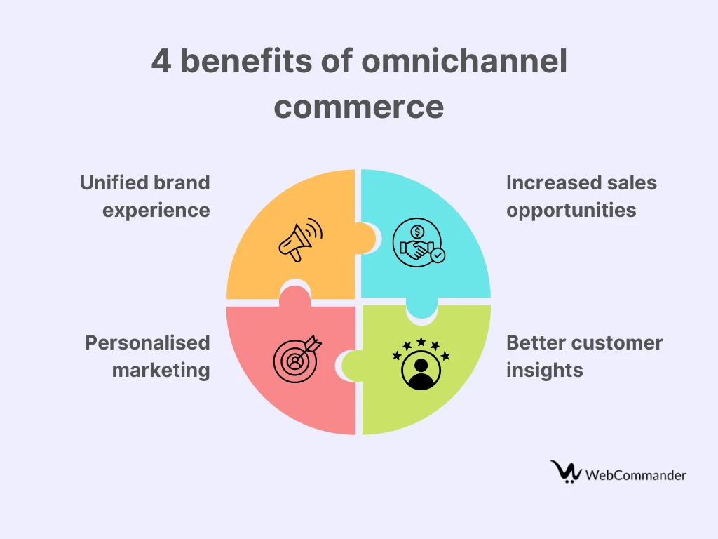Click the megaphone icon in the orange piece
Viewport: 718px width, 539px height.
pos(300,240)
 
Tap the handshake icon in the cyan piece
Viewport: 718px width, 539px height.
pos(419,242)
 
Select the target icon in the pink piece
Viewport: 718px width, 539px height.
pos(297,359)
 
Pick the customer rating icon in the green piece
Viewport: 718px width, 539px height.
pos(421,364)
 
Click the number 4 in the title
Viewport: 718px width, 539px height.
pos(161,61)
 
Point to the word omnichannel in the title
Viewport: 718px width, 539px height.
pos(464,60)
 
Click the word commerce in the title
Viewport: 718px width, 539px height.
pos(359,107)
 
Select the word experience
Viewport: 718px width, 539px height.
pos(156,211)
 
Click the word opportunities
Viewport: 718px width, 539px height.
pos(571,211)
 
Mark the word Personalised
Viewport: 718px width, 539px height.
pos(147,342)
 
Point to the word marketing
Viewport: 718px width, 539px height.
pos(161,371)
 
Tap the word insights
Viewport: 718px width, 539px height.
pos(544,371)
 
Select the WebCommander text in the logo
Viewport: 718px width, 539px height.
pos(635,475)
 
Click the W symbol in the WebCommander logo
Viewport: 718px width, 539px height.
pos(566,472)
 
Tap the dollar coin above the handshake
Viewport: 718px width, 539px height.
pos(416,232)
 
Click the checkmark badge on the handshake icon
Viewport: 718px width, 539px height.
pos(438,255)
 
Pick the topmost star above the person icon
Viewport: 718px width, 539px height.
pos(421,342)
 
